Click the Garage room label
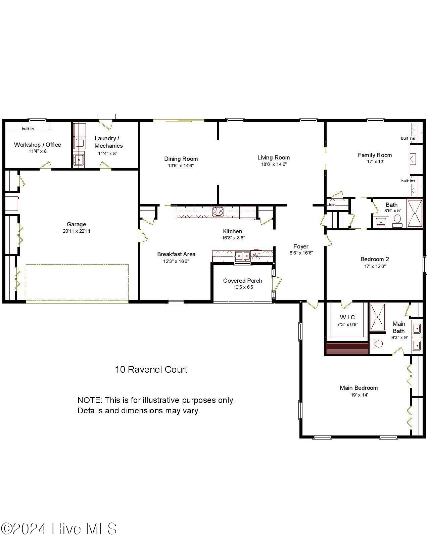point(76,224)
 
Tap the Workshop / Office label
point(37,145)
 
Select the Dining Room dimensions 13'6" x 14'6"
point(181,166)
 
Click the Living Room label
point(274,157)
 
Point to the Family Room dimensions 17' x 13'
point(375,161)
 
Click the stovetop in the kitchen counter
point(218,212)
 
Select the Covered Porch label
point(242,281)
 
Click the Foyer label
point(301,246)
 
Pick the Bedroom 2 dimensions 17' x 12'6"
point(375,266)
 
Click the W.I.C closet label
point(347,317)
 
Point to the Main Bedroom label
point(359,388)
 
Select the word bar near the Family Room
point(332,205)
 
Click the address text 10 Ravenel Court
point(151,370)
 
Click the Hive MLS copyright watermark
point(59,529)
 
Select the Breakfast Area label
point(176,254)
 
